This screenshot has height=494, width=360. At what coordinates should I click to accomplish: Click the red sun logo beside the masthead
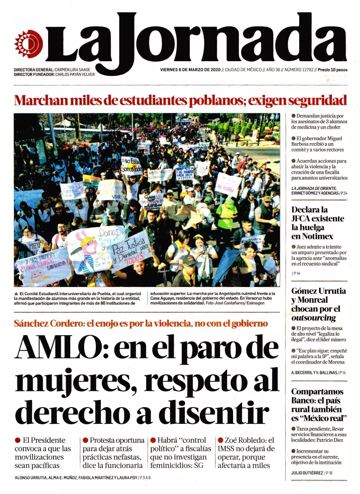(x=28, y=44)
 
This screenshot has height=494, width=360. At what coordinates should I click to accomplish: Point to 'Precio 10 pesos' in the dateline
(x=333, y=70)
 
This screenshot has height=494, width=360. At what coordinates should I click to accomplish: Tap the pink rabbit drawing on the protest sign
(x=89, y=250)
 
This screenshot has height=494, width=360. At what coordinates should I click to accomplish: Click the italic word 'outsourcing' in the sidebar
(x=314, y=318)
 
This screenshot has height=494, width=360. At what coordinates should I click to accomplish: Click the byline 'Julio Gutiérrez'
(x=306, y=473)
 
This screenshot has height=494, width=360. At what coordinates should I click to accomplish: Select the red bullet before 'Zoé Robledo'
(x=220, y=440)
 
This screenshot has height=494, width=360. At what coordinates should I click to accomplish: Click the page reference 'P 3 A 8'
(x=144, y=478)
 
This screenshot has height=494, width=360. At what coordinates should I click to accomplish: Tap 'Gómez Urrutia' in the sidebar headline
(x=319, y=291)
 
